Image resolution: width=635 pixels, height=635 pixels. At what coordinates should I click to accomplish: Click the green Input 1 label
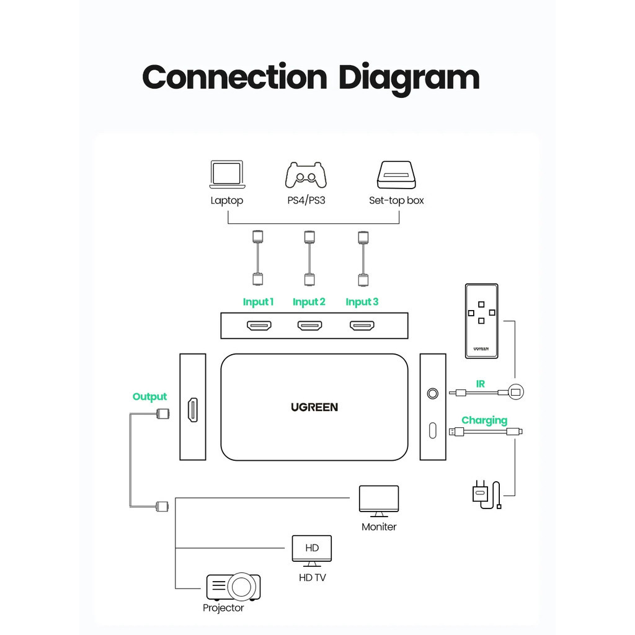point(258,302)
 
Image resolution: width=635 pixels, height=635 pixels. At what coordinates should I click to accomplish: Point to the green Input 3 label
point(362,302)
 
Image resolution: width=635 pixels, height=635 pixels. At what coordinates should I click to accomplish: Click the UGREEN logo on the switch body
point(314,407)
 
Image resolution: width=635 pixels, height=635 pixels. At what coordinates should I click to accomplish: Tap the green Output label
point(149,397)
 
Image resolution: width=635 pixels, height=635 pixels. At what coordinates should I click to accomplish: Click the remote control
point(481,321)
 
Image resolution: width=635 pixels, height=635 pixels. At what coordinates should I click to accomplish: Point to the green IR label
point(481,384)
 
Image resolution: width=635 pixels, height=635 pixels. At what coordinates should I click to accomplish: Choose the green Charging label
point(484,420)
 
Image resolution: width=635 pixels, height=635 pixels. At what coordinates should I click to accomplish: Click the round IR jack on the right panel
point(432,393)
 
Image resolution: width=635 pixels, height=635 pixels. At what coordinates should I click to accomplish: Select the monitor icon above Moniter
point(379,500)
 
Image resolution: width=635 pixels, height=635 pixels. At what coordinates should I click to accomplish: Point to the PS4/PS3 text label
point(306,200)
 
